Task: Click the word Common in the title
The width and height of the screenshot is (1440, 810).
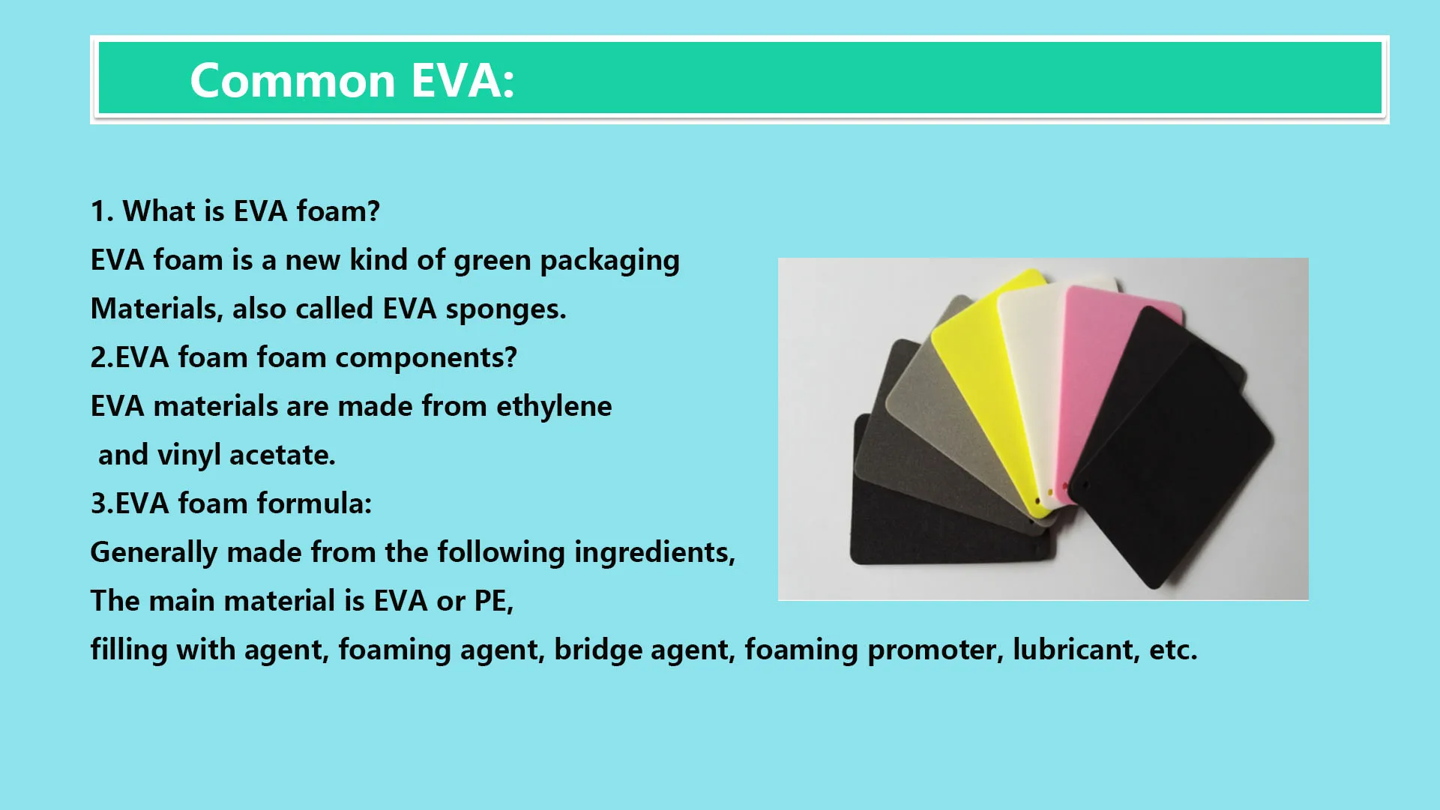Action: coord(292,80)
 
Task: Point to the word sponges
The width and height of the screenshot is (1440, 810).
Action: coord(505,309)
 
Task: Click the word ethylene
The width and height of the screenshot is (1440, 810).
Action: coord(554,406)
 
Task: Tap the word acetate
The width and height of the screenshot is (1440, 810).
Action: coord(282,455)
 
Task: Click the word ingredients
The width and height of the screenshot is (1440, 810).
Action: coord(654,552)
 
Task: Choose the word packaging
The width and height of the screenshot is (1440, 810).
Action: coord(609,261)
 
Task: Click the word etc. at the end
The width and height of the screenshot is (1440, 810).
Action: coord(1173,650)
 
